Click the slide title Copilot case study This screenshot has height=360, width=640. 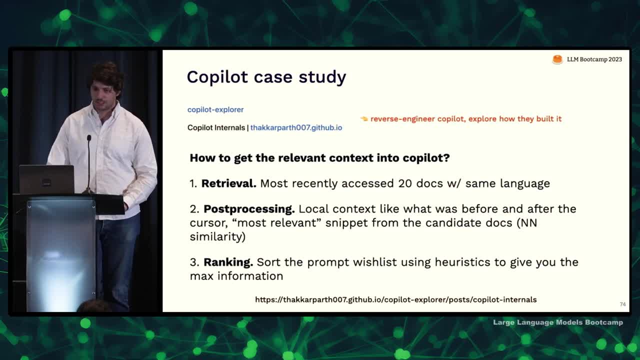[x=266, y=77]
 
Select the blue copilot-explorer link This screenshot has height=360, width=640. [x=215, y=109]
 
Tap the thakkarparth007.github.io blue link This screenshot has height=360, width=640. [x=296, y=127]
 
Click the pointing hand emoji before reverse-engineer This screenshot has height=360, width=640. [x=364, y=118]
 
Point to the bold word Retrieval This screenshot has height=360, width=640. [x=229, y=183]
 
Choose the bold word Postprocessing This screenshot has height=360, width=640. [x=249, y=209]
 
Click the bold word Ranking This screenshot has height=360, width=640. [x=228, y=262]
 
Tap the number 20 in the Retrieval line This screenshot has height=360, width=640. [x=405, y=183]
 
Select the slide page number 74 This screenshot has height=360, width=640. [x=623, y=304]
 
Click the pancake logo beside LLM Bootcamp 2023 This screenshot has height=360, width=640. [x=557, y=59]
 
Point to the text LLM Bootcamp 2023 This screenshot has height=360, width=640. [x=594, y=59]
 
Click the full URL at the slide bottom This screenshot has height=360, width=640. [x=395, y=299]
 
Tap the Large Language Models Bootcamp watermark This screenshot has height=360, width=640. [x=558, y=322]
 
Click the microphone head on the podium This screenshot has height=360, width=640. [x=89, y=138]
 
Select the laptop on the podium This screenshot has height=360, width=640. [x=46, y=179]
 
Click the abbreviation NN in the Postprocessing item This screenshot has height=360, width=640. [x=529, y=223]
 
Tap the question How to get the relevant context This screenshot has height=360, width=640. [x=319, y=158]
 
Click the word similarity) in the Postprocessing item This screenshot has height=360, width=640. [x=217, y=237]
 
